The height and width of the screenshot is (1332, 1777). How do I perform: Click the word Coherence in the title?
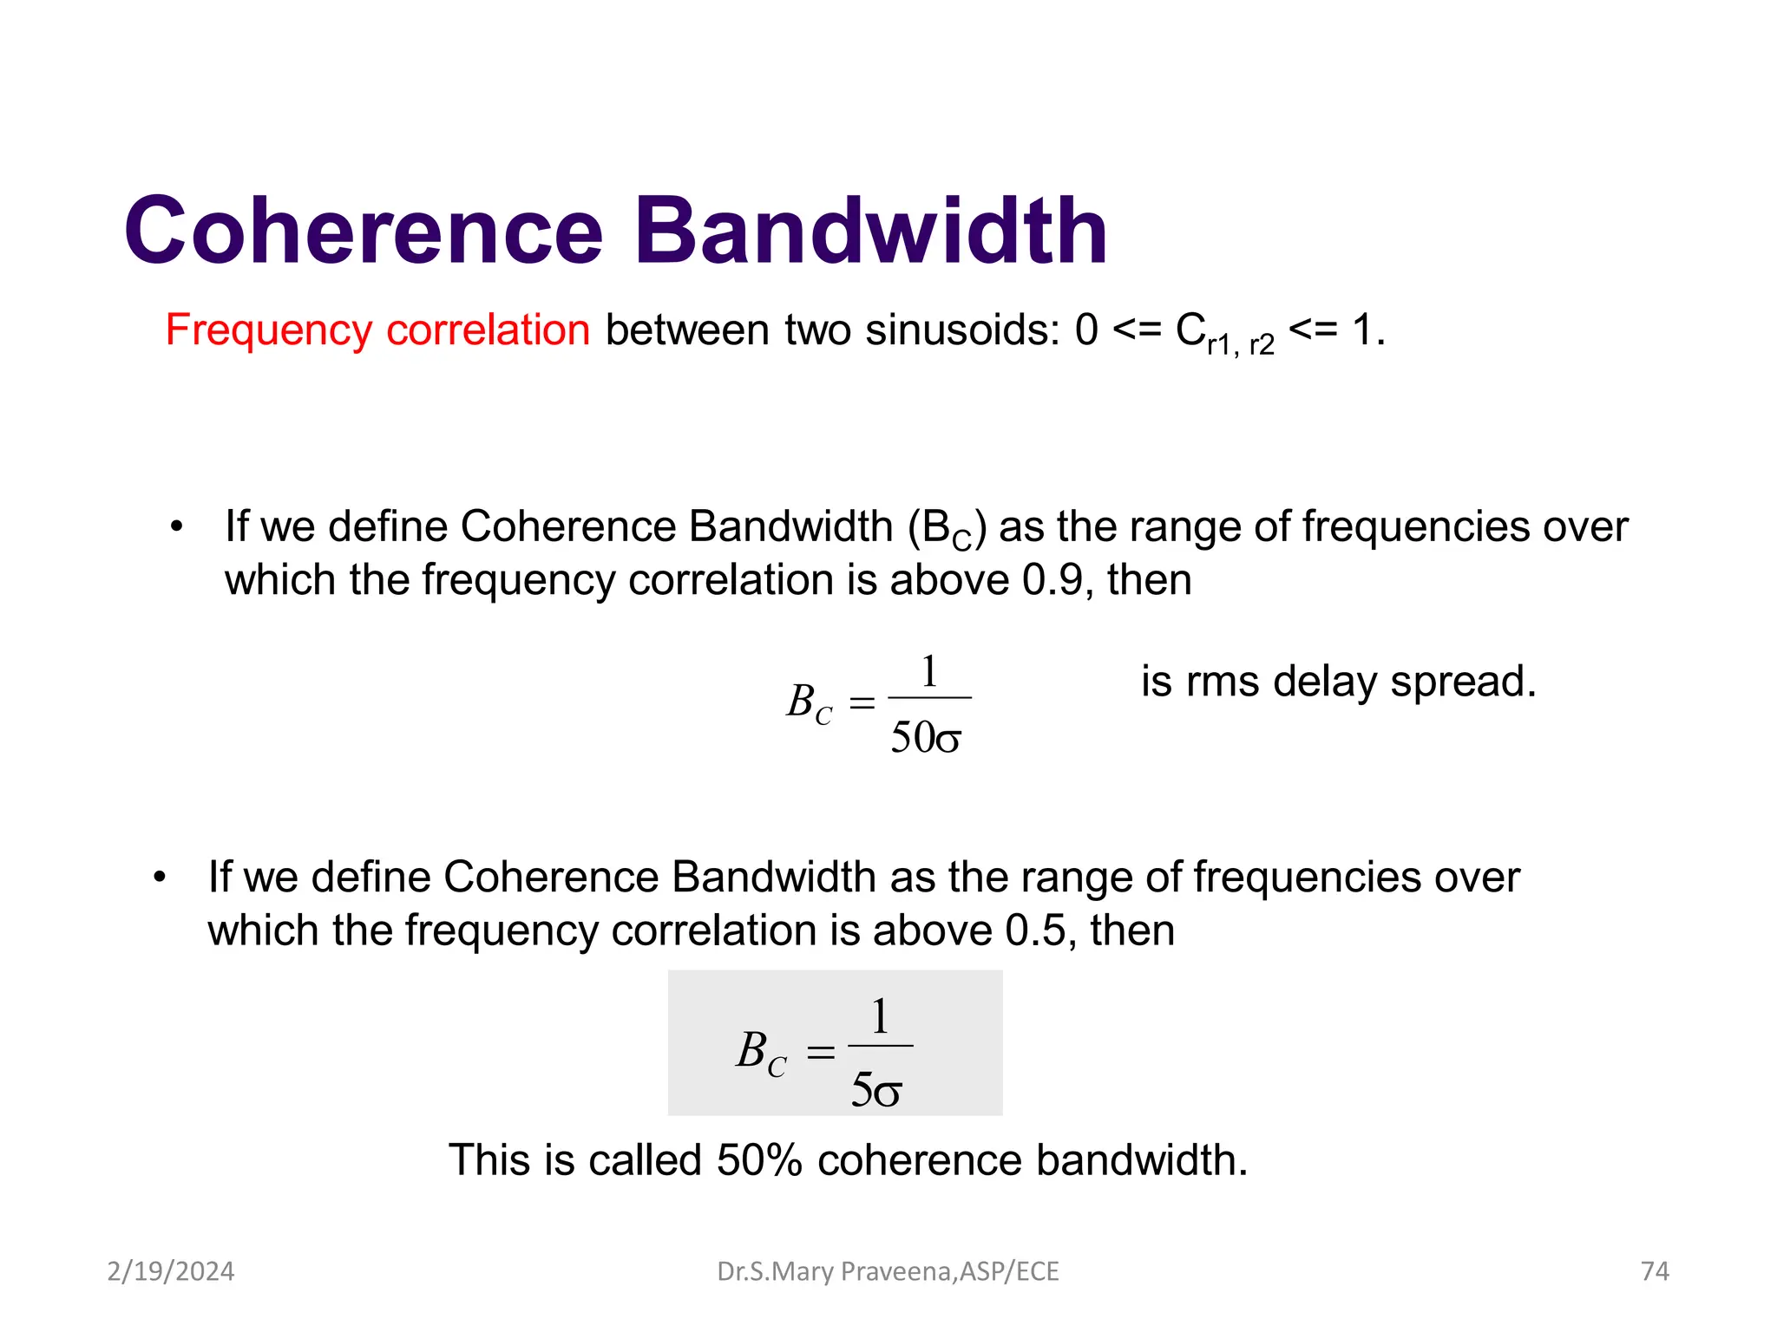[x=363, y=231]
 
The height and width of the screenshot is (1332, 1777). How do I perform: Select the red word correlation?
[x=488, y=330]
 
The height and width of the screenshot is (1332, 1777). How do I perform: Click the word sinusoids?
[x=962, y=330]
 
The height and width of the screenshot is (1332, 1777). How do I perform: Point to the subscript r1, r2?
[x=1240, y=345]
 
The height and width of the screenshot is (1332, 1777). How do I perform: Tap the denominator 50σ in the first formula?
[x=926, y=738]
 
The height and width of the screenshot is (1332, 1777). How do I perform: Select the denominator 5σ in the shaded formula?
[x=876, y=1090]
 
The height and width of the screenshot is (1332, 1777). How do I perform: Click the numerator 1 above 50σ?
[x=929, y=671]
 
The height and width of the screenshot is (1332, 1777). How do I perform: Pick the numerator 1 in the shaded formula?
[x=880, y=1016]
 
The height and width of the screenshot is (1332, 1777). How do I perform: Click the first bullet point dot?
[x=177, y=527]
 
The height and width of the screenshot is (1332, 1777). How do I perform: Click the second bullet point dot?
[x=160, y=878]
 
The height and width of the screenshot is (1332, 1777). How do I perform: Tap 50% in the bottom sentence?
[x=759, y=1160]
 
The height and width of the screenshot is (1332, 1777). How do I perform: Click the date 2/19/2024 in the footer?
[x=171, y=1271]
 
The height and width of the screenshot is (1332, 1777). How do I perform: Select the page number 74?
[x=1655, y=1271]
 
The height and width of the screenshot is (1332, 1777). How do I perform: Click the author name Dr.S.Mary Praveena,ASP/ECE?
[x=888, y=1271]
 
